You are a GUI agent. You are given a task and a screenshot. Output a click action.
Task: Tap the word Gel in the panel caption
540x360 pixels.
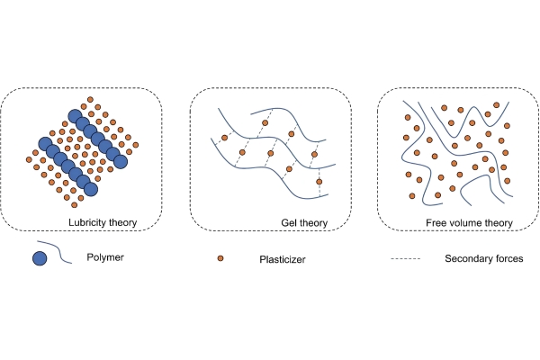coord(288,223)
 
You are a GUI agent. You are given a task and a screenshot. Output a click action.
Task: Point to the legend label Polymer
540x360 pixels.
coord(105,257)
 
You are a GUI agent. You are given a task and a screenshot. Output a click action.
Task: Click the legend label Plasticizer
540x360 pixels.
coord(283,259)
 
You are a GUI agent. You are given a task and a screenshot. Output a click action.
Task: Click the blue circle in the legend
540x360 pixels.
coord(40,258)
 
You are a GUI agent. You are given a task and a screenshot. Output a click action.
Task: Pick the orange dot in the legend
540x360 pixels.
coord(220,258)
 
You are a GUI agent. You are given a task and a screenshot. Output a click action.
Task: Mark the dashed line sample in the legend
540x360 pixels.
coord(406,258)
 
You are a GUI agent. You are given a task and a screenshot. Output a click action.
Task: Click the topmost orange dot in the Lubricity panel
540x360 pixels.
coord(90,100)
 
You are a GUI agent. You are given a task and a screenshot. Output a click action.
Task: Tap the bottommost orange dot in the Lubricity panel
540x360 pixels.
coord(74,205)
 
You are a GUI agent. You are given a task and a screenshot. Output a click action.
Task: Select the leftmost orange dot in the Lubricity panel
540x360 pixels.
coord(29,159)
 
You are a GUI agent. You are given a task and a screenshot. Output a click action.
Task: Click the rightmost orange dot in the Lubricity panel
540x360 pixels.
coord(135,145)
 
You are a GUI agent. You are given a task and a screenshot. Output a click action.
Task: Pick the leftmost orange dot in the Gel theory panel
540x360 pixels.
coord(224,138)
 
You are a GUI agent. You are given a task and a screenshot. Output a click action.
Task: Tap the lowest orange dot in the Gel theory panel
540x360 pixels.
coord(319,182)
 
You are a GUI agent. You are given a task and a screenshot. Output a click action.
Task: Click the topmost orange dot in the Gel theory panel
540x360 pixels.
coord(265,122)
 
